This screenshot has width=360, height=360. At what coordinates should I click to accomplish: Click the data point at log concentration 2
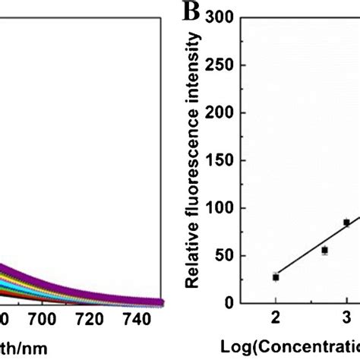pos(276,277)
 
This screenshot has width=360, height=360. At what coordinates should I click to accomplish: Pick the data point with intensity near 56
pos(324,250)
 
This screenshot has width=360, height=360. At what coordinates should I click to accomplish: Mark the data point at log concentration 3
pos(346,223)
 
